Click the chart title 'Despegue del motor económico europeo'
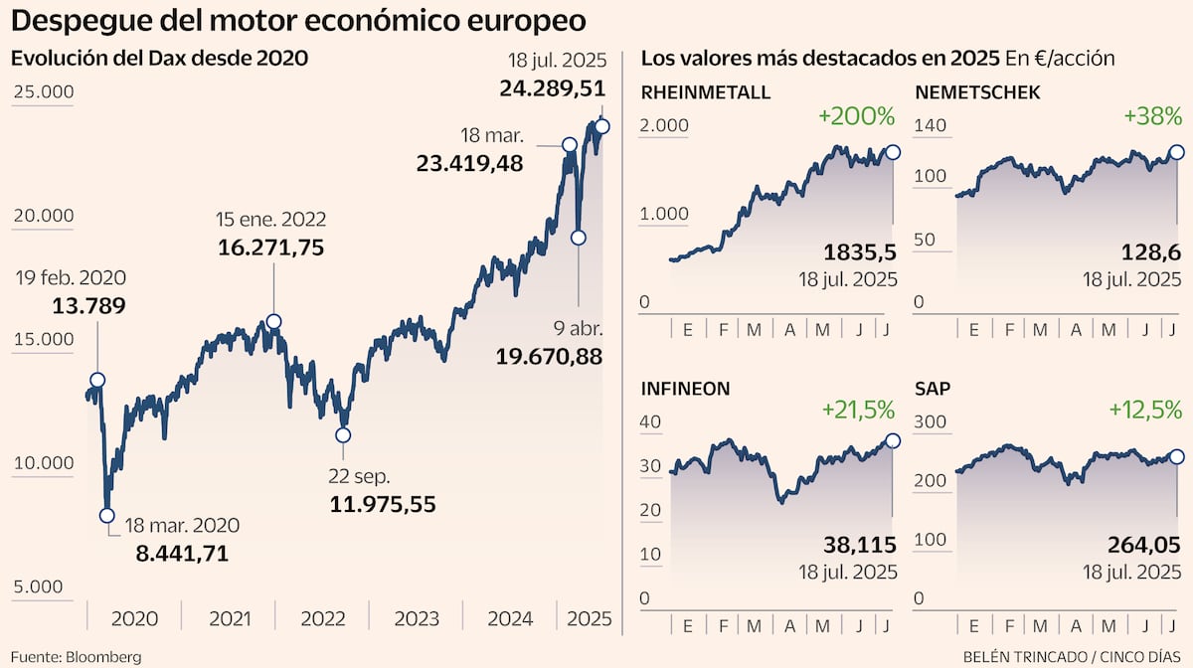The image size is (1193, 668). [298, 21]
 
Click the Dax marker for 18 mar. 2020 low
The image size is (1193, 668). [107, 515]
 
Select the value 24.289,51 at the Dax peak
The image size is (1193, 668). [552, 88]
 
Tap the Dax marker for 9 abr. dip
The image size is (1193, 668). [579, 238]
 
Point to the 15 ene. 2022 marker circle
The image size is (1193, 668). [273, 321]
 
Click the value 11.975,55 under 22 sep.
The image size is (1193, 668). [383, 504]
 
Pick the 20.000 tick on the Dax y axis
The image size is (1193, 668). [43, 216]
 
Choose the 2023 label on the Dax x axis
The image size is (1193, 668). [417, 619]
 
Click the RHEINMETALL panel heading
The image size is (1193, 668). [706, 92]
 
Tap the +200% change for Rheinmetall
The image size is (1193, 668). [856, 116]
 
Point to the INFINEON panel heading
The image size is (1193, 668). [686, 388]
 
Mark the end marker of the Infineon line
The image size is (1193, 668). [892, 440]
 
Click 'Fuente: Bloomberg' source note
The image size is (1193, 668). [76, 656]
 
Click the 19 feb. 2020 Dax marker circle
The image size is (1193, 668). [96, 380]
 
